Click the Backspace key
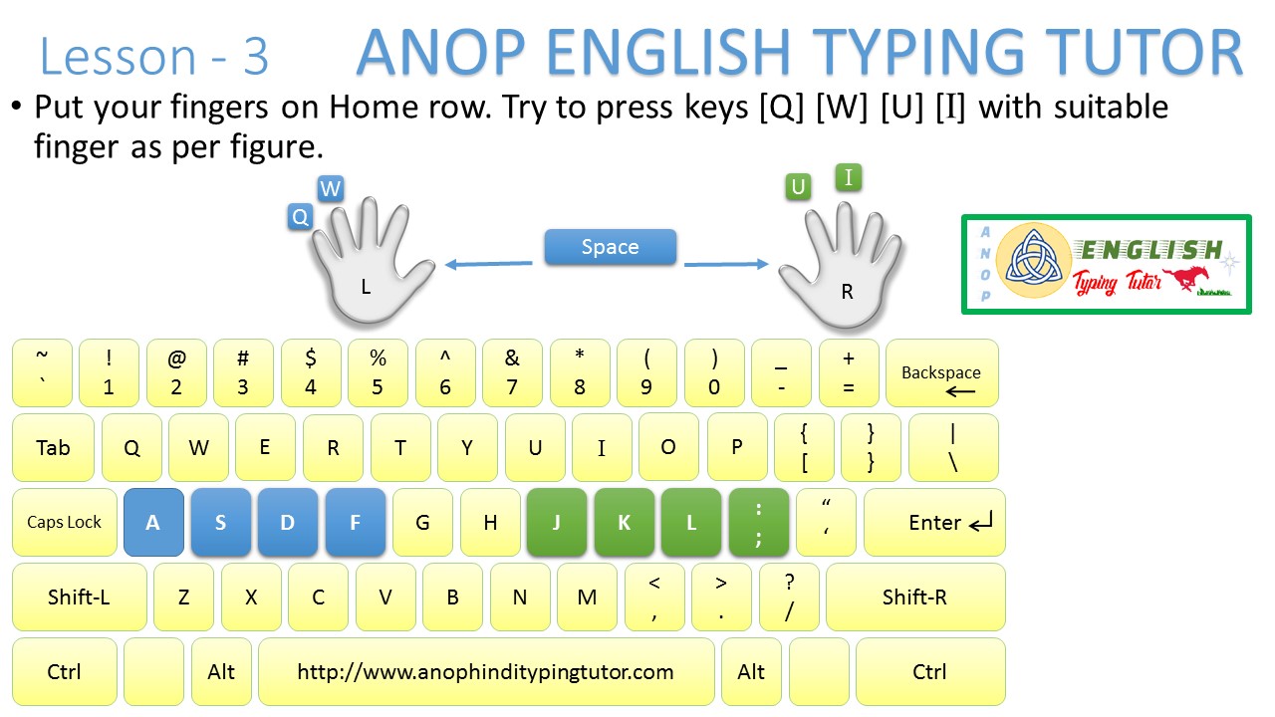pyautogui.click(x=941, y=373)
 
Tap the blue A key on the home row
pyautogui.click(x=153, y=522)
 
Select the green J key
pyautogui.click(x=556, y=522)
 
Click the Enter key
pyautogui.click(x=934, y=522)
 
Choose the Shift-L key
pyautogui.click(x=79, y=597)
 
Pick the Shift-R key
pyautogui.click(x=914, y=597)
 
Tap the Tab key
pyautogui.click(x=53, y=448)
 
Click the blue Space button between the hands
pyautogui.click(x=610, y=247)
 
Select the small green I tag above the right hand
pyautogui.click(x=848, y=177)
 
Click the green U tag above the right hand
pyautogui.click(x=797, y=186)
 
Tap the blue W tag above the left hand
pyautogui.click(x=331, y=189)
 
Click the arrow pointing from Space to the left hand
pyautogui.click(x=488, y=264)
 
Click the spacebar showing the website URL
pyautogui.click(x=486, y=672)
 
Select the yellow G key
pyautogui.click(x=422, y=522)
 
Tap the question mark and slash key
pyautogui.click(x=789, y=597)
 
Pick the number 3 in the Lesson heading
pyautogui.click(x=255, y=58)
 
